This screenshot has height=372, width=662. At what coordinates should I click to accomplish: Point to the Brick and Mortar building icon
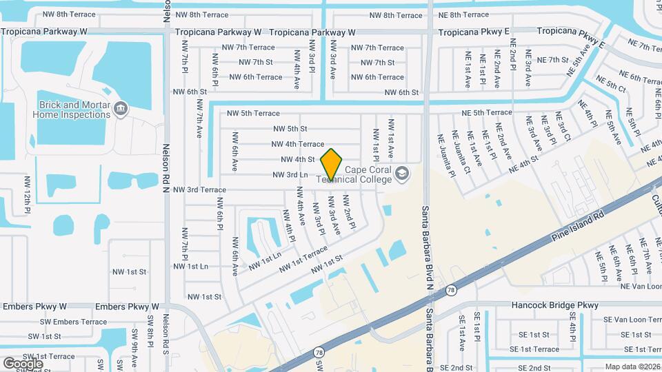(x=121, y=109)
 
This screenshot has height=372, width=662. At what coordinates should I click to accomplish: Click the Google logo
(x=23, y=364)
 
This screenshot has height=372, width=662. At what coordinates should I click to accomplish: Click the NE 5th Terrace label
(x=487, y=112)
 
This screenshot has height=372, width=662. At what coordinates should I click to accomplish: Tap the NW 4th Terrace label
(x=297, y=144)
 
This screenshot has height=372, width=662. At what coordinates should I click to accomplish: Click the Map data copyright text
(x=632, y=366)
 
